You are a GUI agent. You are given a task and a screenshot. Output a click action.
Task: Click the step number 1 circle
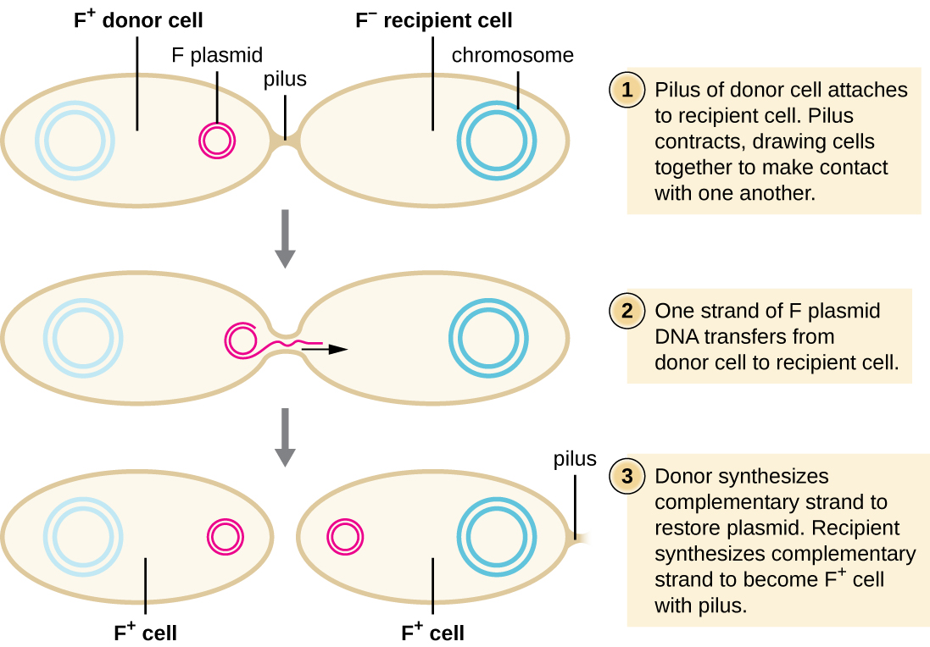pyautogui.click(x=627, y=91)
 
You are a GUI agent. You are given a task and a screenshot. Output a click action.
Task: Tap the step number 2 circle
pyautogui.click(x=627, y=311)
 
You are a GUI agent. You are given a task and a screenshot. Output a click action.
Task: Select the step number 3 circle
pyautogui.click(x=627, y=477)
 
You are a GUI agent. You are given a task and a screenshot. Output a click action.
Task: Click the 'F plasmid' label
pyautogui.click(x=217, y=56)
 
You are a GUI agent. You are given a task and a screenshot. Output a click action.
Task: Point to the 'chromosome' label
pyautogui.click(x=512, y=56)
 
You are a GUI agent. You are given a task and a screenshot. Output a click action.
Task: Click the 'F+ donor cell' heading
pyautogui.click(x=137, y=19)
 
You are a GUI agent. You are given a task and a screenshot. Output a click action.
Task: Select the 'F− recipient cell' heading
pyautogui.click(x=433, y=19)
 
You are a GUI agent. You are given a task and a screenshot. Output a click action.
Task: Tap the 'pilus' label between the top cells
pyautogui.click(x=286, y=80)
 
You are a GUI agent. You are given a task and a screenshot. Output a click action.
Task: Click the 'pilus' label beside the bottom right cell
pyautogui.click(x=575, y=459)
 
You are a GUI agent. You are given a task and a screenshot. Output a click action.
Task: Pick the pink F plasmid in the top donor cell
pyautogui.click(x=217, y=140)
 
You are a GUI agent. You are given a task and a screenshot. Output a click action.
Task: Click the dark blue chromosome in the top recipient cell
pyautogui.click(x=496, y=140)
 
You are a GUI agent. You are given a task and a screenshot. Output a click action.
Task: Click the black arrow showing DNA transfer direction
pyautogui.click(x=326, y=348)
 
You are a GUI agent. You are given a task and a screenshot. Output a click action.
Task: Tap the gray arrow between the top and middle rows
pyautogui.click(x=286, y=238)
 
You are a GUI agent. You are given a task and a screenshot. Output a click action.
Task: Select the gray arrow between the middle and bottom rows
pyautogui.click(x=286, y=437)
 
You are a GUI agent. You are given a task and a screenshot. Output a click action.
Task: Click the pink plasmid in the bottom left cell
pyautogui.click(x=226, y=536)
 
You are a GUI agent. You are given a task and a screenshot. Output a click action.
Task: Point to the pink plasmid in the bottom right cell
pyautogui.click(x=346, y=536)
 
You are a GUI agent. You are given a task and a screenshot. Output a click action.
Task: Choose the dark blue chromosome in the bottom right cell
pyautogui.click(x=496, y=534)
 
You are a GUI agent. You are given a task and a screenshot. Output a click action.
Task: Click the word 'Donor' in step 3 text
pyautogui.click(x=684, y=477)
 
